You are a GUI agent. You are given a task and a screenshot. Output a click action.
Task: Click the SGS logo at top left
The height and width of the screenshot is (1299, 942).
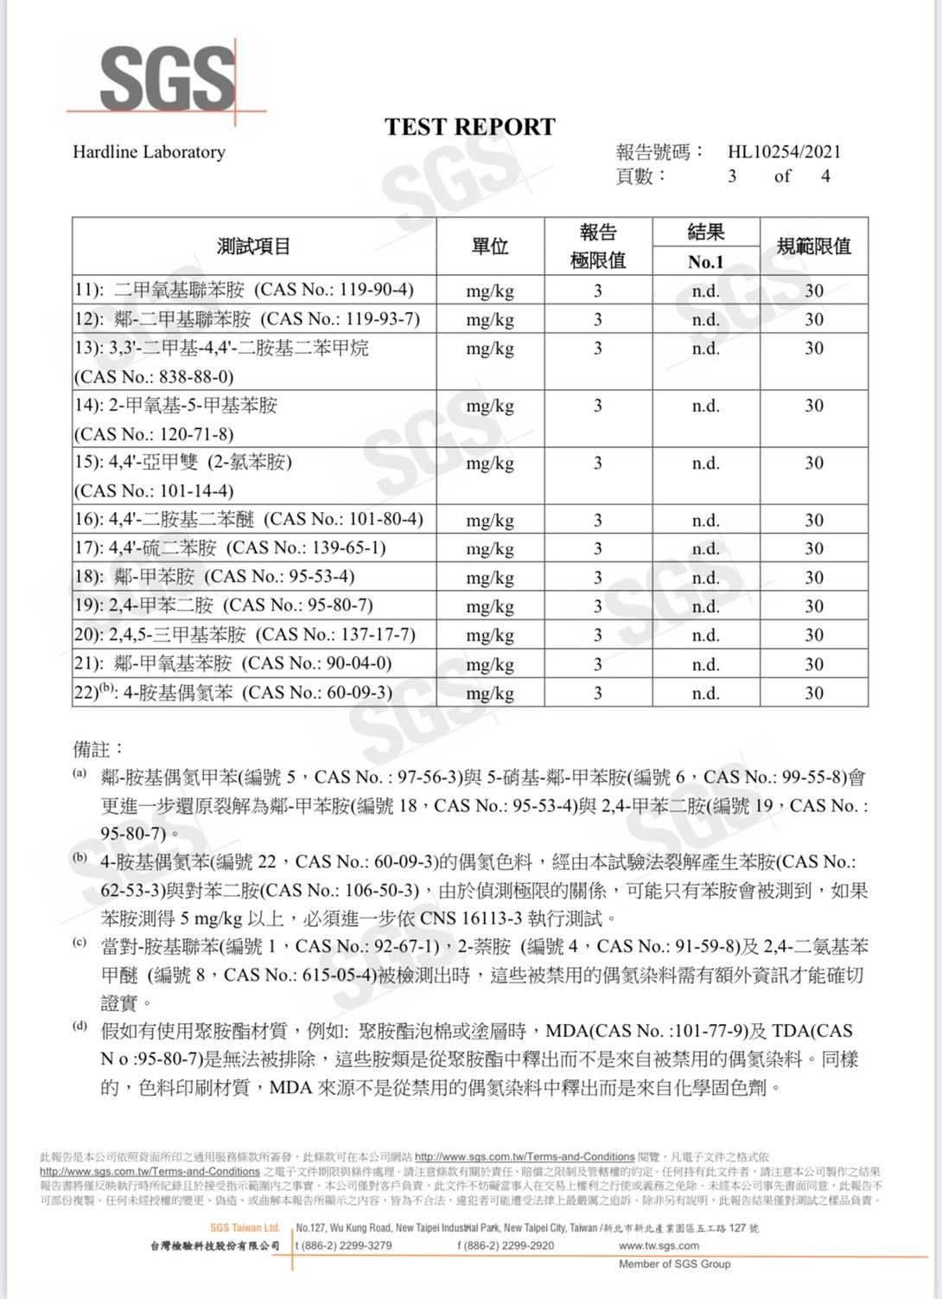click(168, 78)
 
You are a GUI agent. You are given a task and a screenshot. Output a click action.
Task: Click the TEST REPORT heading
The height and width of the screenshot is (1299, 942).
click(470, 127)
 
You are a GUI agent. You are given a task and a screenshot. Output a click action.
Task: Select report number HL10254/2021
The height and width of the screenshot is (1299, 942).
click(784, 152)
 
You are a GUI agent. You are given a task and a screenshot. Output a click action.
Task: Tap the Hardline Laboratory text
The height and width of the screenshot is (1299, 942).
click(149, 152)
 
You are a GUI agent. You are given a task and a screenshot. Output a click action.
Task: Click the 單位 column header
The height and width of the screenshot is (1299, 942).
click(490, 246)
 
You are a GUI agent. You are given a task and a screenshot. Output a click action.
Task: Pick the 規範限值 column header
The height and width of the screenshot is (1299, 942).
click(813, 246)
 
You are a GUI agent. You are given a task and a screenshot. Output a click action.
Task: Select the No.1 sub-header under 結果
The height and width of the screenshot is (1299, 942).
click(705, 262)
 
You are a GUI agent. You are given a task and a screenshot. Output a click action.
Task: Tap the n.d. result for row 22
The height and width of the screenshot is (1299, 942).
click(705, 693)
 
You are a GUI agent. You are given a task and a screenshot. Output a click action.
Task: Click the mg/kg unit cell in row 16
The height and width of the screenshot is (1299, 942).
click(490, 520)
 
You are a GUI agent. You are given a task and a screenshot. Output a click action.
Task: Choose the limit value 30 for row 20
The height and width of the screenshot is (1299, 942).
click(814, 635)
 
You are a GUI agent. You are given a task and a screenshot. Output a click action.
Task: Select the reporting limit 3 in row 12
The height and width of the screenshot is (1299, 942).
click(597, 319)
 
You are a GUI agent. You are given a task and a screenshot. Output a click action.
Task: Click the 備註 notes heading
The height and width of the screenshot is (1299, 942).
click(99, 749)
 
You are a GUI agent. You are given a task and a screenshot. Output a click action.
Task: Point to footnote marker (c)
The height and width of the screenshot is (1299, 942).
click(80, 943)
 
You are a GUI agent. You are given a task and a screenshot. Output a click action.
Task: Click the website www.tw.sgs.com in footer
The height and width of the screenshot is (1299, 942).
click(659, 1245)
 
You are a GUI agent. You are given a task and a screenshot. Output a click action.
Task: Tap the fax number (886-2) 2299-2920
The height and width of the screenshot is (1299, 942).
click(506, 1245)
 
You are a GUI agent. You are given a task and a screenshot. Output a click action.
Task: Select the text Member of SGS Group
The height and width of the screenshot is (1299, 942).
click(674, 1264)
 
